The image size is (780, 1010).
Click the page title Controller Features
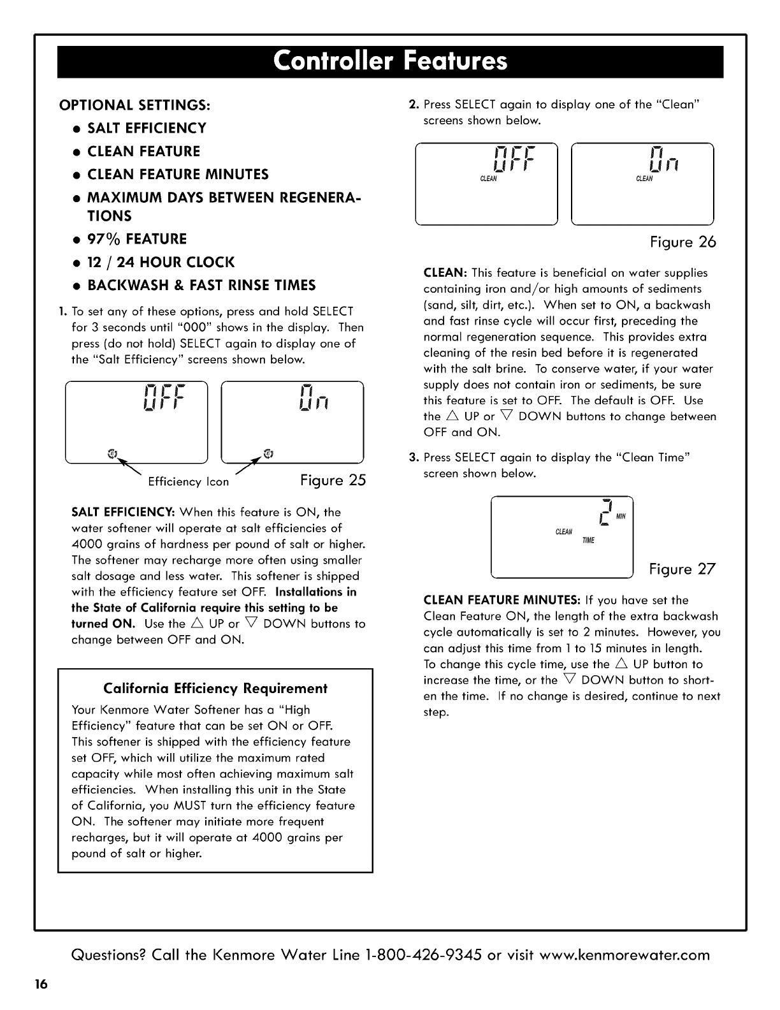[x=390, y=62]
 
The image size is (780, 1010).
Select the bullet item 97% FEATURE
[x=137, y=239]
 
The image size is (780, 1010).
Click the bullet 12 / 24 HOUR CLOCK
[x=161, y=262]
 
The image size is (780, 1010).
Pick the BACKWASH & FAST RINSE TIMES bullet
[x=201, y=285]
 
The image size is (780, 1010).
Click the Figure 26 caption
[x=682, y=242]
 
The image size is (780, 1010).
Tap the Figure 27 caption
[x=682, y=569]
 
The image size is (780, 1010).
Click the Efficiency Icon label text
[x=188, y=482]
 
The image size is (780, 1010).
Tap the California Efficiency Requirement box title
[x=215, y=689]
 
